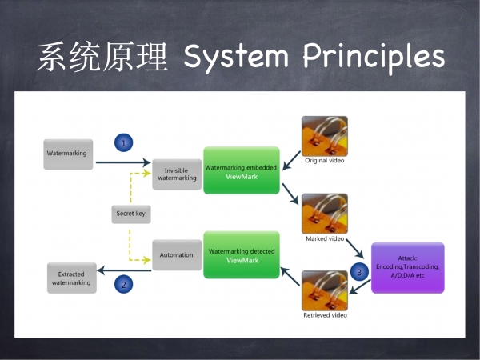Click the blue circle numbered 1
(124, 142)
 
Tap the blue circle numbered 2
(124, 284)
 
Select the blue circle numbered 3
(359, 272)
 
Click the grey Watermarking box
(68, 154)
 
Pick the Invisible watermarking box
(177, 174)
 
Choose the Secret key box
(131, 214)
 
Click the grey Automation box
(177, 255)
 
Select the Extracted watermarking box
(72, 278)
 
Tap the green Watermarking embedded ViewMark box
(242, 170)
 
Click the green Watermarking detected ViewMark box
(242, 254)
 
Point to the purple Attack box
(408, 268)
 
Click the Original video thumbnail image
(325, 136)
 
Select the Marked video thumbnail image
(325, 214)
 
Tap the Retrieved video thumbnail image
(325, 291)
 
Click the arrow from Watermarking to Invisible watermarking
(123, 162)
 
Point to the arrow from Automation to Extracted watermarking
(124, 270)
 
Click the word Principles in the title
(374, 58)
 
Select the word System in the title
(236, 58)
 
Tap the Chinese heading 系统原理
(103, 57)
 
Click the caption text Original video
(325, 161)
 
